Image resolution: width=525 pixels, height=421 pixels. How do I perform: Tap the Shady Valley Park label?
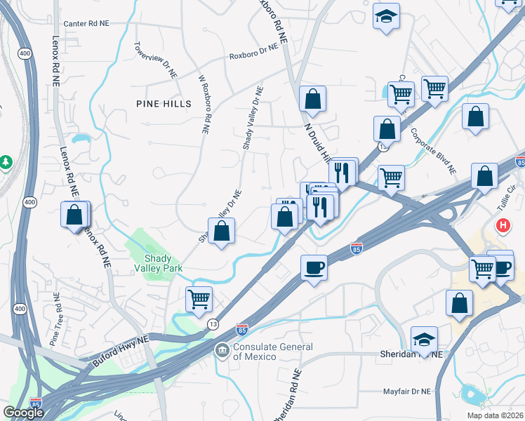point(159,263)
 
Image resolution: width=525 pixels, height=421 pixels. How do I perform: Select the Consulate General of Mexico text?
point(270,352)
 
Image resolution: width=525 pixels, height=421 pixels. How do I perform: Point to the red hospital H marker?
point(503,226)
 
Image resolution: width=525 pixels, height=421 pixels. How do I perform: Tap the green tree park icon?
point(6,162)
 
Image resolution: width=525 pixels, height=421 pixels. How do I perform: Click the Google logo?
point(23,412)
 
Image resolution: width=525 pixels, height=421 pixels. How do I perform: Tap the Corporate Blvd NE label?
point(433,151)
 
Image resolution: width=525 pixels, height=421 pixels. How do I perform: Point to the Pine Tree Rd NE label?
point(53,321)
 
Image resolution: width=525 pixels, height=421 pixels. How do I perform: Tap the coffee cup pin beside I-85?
point(314,267)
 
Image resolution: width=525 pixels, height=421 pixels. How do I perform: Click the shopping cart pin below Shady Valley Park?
point(199,299)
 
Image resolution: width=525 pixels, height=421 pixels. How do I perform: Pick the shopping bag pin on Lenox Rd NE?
point(75,215)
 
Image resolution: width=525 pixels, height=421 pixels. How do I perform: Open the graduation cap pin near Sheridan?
point(424,340)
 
